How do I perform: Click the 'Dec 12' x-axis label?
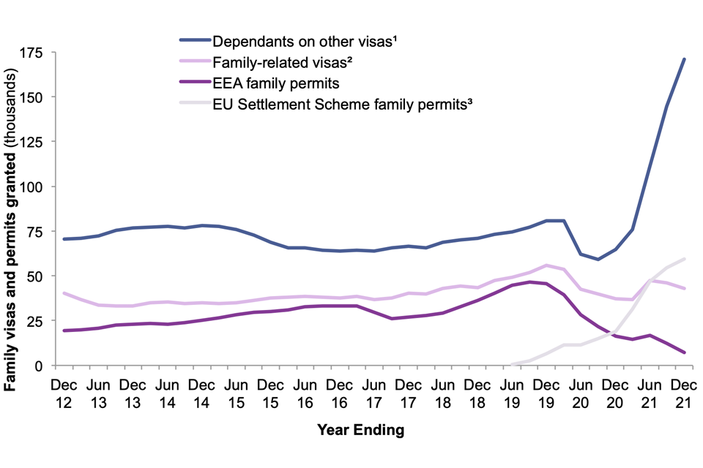tap(64, 392)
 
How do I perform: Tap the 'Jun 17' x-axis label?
tap(373, 392)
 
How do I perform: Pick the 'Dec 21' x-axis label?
tap(683, 392)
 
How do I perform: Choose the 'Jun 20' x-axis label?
tap(580, 392)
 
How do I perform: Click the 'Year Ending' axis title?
tap(360, 431)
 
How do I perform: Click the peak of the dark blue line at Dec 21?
tap(684, 59)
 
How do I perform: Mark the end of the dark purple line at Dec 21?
tap(684, 352)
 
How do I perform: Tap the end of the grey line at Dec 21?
tap(684, 259)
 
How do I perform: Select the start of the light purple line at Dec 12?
tap(64, 293)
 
